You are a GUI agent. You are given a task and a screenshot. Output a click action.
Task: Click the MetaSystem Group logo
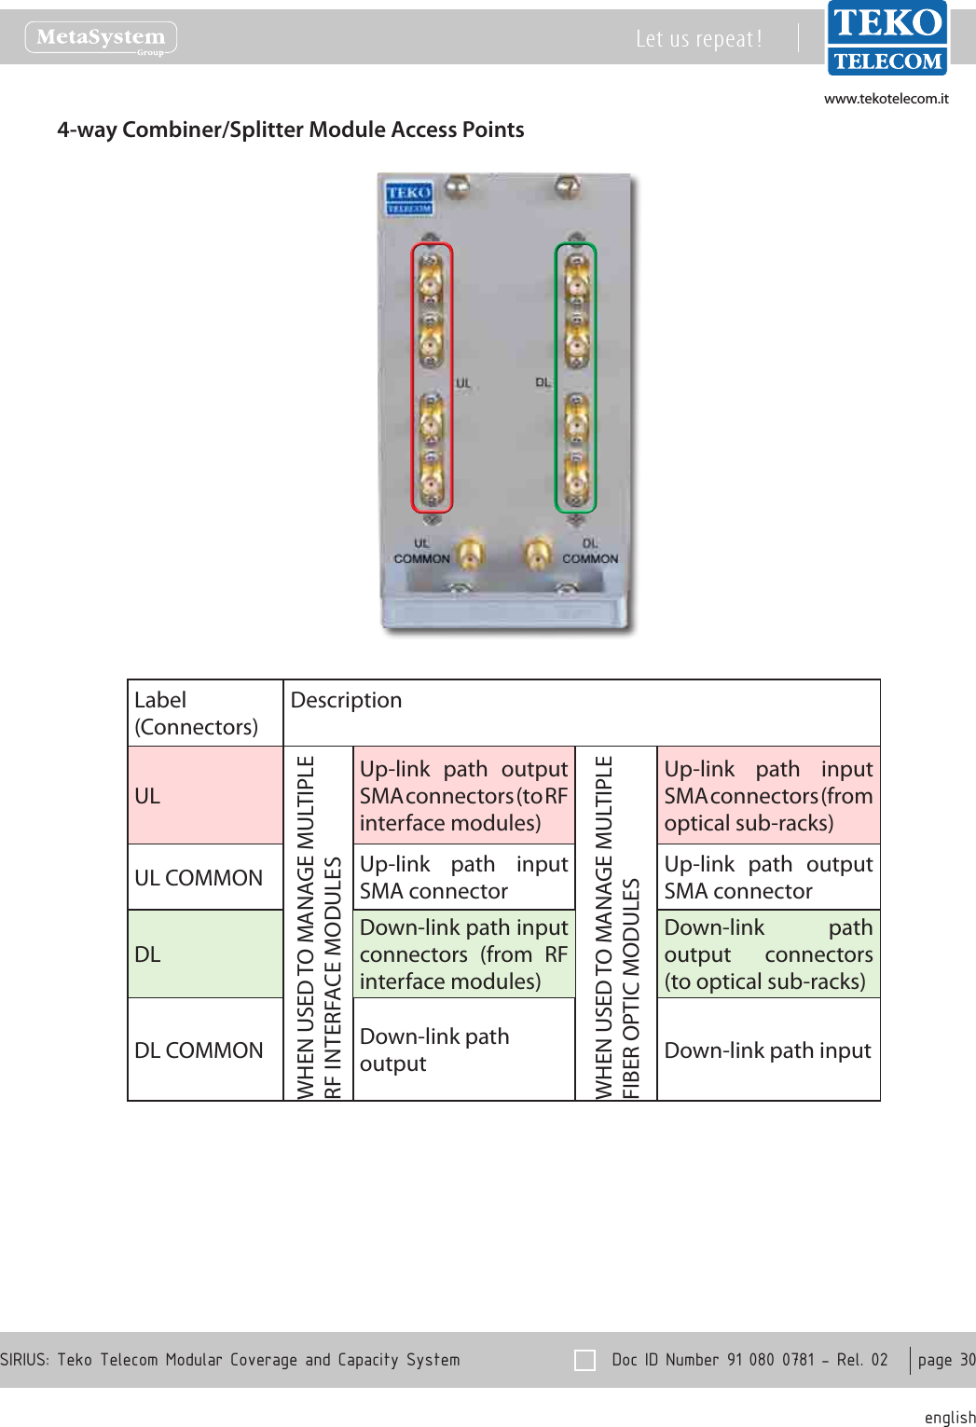coord(101,38)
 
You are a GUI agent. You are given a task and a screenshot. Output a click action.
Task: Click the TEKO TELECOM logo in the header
coord(887,38)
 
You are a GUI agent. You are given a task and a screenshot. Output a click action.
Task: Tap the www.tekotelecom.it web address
coord(886,99)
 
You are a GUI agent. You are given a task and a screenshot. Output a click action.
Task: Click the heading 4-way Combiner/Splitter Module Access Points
coord(290,130)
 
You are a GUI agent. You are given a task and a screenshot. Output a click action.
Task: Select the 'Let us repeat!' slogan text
coord(698,39)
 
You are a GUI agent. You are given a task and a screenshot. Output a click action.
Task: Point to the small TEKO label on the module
coord(408,197)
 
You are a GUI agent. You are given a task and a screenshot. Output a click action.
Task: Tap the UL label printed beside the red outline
coord(463,383)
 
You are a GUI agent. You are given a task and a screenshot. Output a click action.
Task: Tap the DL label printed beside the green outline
coord(543,383)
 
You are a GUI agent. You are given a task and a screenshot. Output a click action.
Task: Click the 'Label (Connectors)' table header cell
coord(205,713)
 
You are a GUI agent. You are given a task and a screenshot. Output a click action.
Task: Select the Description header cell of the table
coord(581,713)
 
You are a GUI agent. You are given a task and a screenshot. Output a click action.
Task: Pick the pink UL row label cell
coord(205,796)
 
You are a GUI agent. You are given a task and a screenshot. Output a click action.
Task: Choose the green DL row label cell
coord(205,954)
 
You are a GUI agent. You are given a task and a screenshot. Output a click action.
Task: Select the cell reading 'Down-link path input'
coord(768,1050)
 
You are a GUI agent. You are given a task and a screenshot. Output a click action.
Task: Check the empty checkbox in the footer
coord(584,1360)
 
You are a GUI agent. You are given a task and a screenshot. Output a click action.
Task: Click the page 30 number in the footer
coord(945,1360)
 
